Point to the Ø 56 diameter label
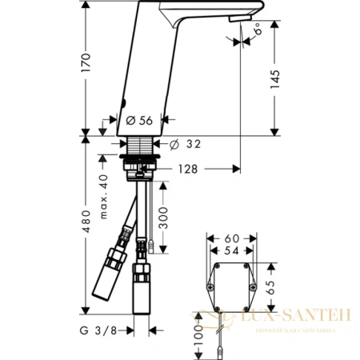[141, 121]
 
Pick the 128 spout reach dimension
[189, 169]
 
